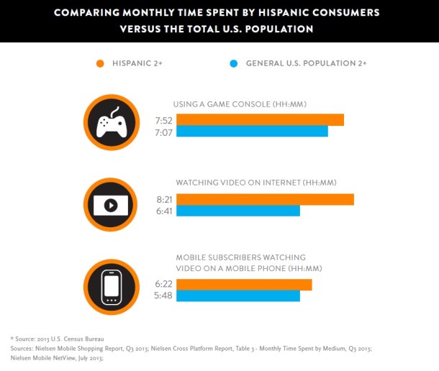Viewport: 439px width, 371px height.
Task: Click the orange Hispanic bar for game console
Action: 260,120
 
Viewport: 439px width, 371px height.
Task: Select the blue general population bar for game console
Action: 252,132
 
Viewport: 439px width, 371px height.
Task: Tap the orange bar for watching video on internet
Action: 265,199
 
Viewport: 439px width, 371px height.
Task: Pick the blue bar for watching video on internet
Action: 238,211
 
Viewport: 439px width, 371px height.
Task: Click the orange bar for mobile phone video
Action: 244,285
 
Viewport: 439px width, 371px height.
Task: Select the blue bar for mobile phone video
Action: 238,296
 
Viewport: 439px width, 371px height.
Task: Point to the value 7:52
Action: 163,120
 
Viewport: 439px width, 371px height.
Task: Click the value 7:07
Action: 163,132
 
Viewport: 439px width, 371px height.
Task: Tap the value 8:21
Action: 163,199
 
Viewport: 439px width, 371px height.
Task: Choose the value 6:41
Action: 163,211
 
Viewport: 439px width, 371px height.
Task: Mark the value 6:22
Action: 163,285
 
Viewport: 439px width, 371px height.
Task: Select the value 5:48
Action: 163,296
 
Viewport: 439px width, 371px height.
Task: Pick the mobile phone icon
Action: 111,286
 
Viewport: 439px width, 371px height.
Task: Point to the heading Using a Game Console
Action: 241,104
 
